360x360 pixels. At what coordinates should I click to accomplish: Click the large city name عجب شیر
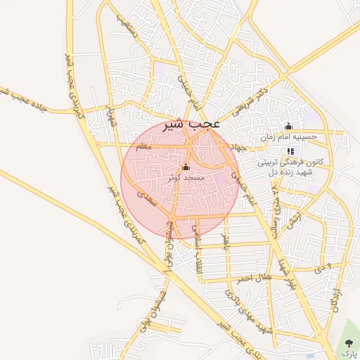pos(192,125)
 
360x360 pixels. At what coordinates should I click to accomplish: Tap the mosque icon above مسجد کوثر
pos(186,167)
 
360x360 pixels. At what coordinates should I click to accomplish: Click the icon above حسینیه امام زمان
pos(288,127)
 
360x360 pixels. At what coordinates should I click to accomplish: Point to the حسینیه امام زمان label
pos(289,137)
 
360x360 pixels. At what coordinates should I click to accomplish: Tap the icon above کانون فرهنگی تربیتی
pos(291,151)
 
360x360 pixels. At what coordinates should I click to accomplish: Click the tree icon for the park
pos(349,342)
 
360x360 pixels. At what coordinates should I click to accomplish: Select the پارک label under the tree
pos(349,354)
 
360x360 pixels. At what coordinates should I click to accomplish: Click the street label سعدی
pos(148,199)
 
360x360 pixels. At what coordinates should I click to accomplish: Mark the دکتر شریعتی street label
pos(253,101)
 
